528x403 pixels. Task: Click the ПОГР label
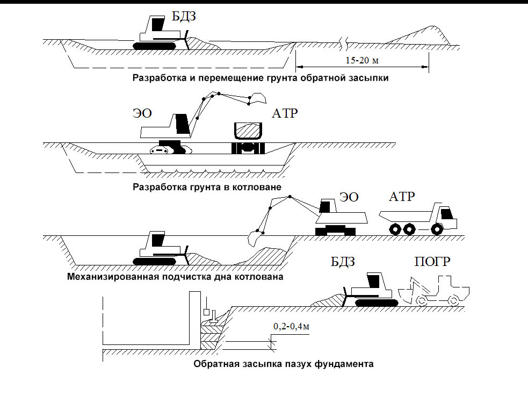click(x=432, y=262)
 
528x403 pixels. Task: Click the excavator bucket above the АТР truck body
click(x=258, y=98)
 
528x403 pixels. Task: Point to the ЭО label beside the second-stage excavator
click(x=142, y=113)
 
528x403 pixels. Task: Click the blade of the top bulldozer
click(x=186, y=41)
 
